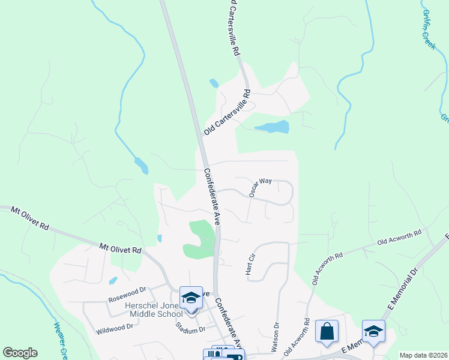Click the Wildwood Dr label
[x=113, y=328]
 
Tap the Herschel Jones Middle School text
[x=153, y=310]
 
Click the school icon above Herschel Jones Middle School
[x=191, y=298]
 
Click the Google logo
[x=20, y=353]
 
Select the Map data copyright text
[x=423, y=355]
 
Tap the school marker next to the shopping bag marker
[x=373, y=332]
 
